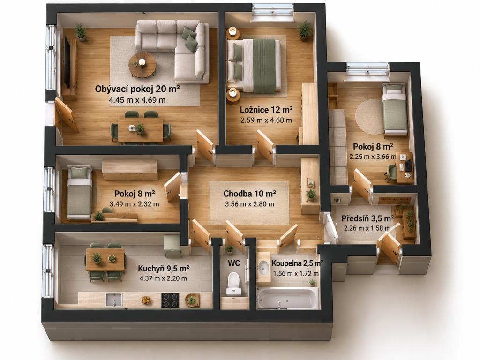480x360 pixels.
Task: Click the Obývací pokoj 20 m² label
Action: point(137,89)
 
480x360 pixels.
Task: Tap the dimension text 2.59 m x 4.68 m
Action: point(266,120)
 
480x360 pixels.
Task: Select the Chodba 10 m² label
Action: point(249,194)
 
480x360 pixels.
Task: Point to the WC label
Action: point(234,263)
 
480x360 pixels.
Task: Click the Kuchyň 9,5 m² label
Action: point(164,269)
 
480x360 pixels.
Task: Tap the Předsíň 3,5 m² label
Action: point(367,218)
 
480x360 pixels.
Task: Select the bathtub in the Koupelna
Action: point(287,298)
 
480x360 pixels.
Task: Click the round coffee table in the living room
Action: point(142,65)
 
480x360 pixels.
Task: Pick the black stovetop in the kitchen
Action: point(170,300)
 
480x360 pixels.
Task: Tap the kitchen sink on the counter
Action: point(114,300)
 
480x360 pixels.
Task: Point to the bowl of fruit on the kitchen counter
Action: point(146,300)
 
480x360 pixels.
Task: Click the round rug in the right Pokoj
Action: point(369,117)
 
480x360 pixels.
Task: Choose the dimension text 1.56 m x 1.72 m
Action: point(296,273)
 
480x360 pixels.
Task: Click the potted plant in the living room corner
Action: point(81,32)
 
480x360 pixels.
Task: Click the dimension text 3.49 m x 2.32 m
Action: point(135,204)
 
